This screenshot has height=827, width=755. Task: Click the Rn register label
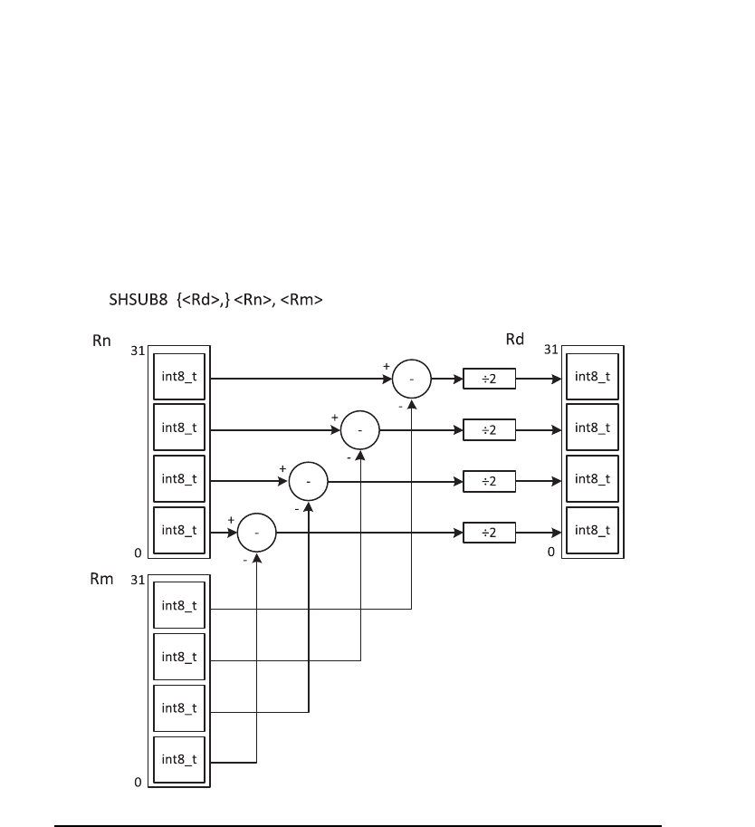pyautogui.click(x=101, y=342)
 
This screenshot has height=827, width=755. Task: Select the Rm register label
pyautogui.click(x=102, y=579)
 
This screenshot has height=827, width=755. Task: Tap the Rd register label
pyautogui.click(x=514, y=341)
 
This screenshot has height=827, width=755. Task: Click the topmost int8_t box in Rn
pyautogui.click(x=178, y=377)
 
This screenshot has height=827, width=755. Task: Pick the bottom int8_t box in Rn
pyautogui.click(x=178, y=531)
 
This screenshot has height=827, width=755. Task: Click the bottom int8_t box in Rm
pyautogui.click(x=178, y=759)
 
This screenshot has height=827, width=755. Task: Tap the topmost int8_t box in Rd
pyautogui.click(x=592, y=377)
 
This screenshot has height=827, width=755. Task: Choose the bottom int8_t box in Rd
pyautogui.click(x=592, y=531)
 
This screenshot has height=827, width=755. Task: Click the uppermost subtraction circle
pyautogui.click(x=412, y=380)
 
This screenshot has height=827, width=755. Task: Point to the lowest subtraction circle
pyautogui.click(x=257, y=534)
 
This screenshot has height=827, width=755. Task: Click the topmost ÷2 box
pyautogui.click(x=489, y=379)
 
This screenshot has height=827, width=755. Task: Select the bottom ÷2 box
pyautogui.click(x=489, y=533)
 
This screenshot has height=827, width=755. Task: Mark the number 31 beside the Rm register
pyautogui.click(x=137, y=579)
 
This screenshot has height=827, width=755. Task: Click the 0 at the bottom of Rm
pyautogui.click(x=138, y=782)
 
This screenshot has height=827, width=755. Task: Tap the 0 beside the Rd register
pyautogui.click(x=550, y=552)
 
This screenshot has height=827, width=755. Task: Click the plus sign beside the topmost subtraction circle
pyautogui.click(x=387, y=365)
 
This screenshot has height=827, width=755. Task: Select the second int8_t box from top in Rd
pyautogui.click(x=592, y=428)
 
